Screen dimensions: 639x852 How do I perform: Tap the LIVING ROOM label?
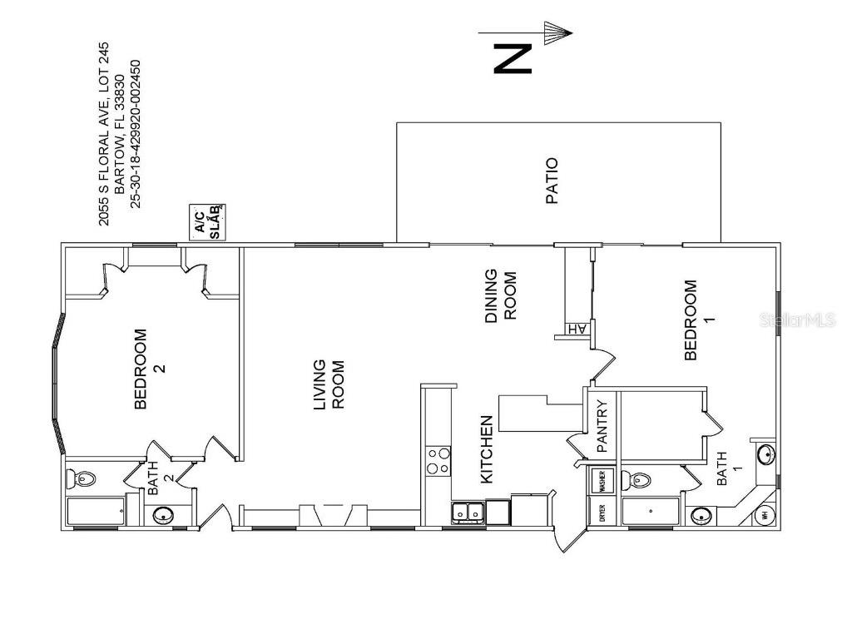click(x=328, y=384)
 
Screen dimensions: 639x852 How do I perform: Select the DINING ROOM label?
click(x=501, y=295)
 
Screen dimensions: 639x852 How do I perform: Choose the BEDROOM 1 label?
click(x=697, y=320)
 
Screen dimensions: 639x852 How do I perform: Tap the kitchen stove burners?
click(x=438, y=461)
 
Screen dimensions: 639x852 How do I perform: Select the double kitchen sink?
click(x=468, y=513)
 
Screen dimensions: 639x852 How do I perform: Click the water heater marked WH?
click(x=765, y=514)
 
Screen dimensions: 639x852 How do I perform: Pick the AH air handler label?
click(x=577, y=329)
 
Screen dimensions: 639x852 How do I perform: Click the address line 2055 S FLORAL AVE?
click(x=104, y=133)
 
